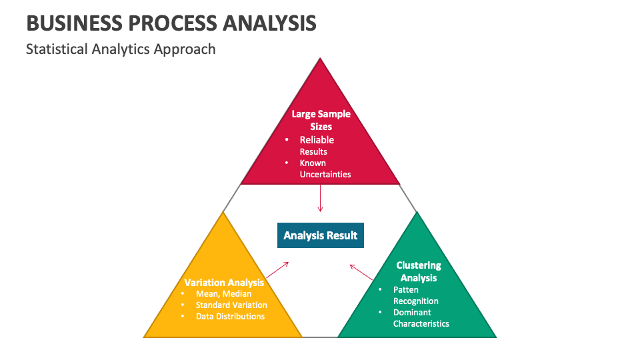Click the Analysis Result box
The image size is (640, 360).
tap(321, 235)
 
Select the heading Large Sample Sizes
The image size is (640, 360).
tap(321, 120)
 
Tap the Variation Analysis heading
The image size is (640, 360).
tap(224, 282)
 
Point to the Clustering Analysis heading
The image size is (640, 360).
tap(419, 271)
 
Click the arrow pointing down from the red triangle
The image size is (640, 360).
tap(321, 198)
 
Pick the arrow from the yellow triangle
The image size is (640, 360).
tap(277, 270)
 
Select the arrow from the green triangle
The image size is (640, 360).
tap(362, 272)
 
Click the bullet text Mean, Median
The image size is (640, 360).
tap(223, 293)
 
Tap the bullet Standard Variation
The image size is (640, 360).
tap(231, 305)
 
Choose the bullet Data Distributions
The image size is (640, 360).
tap(230, 316)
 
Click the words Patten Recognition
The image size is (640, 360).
tap(415, 295)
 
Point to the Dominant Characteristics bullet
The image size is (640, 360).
tap(421, 318)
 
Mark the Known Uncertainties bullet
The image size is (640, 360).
tap(325, 169)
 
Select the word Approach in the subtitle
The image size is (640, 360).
tap(185, 49)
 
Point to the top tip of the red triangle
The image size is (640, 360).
tap(321, 59)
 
